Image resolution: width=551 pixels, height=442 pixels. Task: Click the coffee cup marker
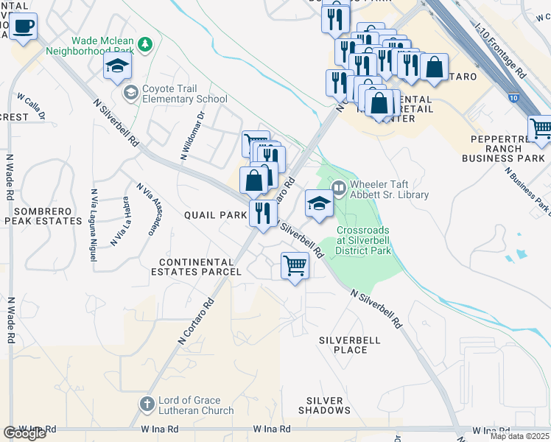pyautogui.click(x=24, y=27)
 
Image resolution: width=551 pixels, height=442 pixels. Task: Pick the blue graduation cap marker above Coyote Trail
pyautogui.click(x=117, y=67)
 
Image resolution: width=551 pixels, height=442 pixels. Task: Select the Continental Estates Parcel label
pyautogui.click(x=200, y=267)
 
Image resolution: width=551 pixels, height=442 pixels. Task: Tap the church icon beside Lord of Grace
pyautogui.click(x=147, y=404)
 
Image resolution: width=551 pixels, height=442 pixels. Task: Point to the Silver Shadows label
pyautogui.click(x=325, y=404)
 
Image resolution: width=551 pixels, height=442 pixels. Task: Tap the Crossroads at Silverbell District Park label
pyautogui.click(x=363, y=240)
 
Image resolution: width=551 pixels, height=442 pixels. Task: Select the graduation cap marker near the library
pyautogui.click(x=319, y=204)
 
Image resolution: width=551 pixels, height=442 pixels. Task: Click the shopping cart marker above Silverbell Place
pyautogui.click(x=295, y=265)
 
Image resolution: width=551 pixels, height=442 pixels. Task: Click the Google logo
pyautogui.click(x=24, y=432)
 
